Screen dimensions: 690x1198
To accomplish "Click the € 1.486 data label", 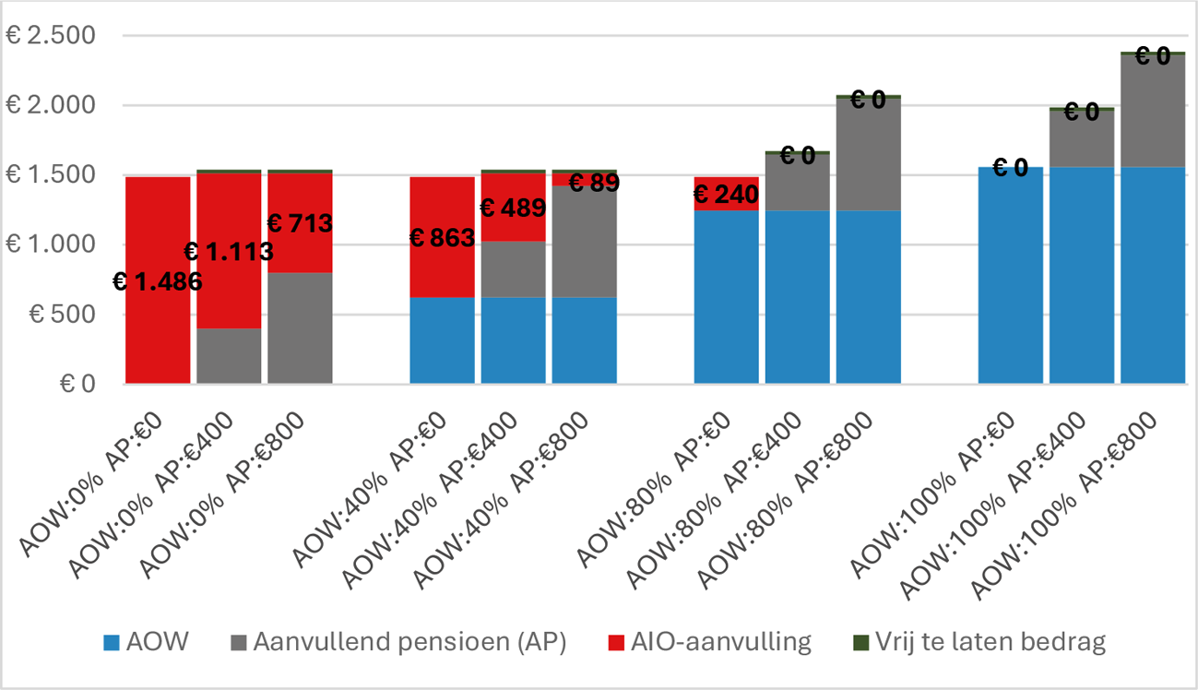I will tap(157, 281).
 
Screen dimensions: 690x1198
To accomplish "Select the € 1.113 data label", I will tap(229, 251).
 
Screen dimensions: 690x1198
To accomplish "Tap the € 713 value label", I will tap(299, 222).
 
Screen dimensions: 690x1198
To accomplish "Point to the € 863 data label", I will tap(441, 238).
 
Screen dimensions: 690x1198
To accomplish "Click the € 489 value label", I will tap(512, 208).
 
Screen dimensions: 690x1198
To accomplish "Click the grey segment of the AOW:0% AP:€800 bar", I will tap(300, 327).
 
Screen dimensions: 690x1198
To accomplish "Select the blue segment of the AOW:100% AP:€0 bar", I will tap(1010, 277).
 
